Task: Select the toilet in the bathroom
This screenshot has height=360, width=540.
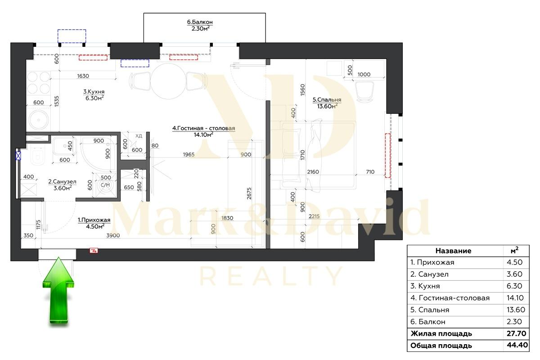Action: pos(36,157)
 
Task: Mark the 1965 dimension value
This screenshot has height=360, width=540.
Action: pos(189,155)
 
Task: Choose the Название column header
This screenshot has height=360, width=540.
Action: pos(454,251)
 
